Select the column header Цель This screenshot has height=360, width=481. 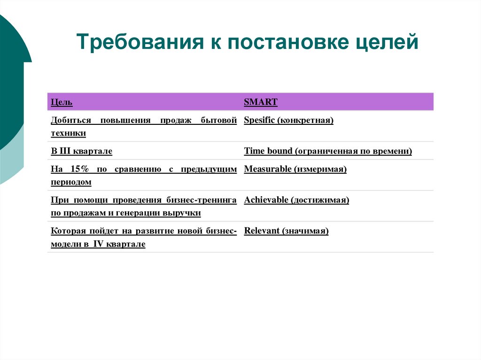[x=62, y=102]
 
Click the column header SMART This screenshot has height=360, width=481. [x=261, y=102]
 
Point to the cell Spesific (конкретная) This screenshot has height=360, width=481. [x=288, y=120]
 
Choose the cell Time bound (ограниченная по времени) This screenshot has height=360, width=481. [x=328, y=151]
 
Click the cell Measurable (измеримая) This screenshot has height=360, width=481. [x=295, y=169]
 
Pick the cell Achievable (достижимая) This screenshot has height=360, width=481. [x=296, y=200]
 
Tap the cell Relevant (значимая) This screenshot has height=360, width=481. [x=286, y=231]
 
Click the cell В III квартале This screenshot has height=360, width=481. [x=81, y=151]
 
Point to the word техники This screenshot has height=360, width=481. [x=68, y=133]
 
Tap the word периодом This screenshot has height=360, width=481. [x=71, y=182]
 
